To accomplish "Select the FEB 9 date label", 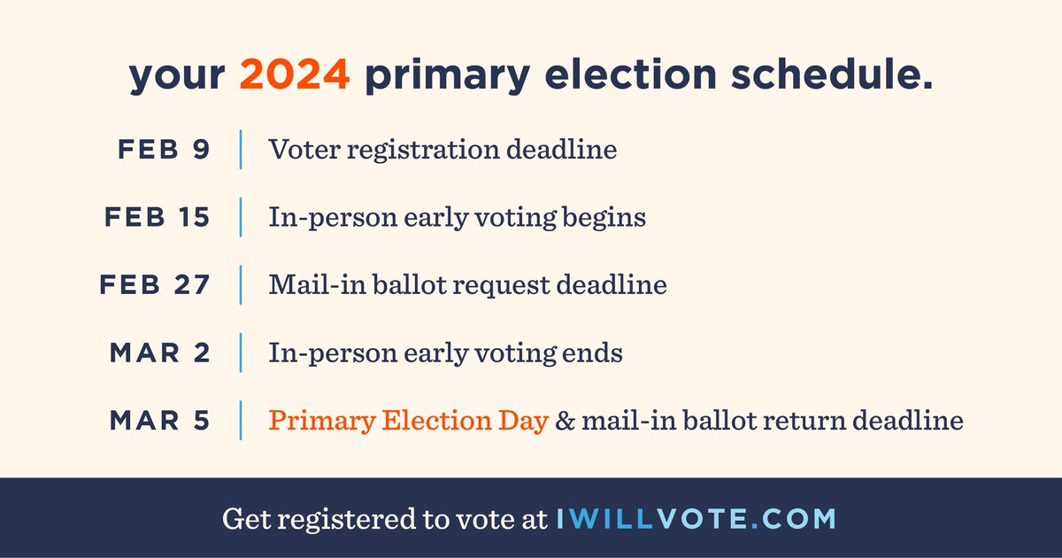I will click(x=164, y=149).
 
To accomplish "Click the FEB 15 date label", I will click(x=158, y=217).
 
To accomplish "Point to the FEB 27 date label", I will click(x=156, y=285).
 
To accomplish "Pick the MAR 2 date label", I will click(x=160, y=353).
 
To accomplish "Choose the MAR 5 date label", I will click(x=160, y=421).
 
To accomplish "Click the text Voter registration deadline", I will click(x=442, y=149).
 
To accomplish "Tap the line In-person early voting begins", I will click(x=457, y=217).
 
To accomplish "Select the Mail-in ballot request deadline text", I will click(x=467, y=285).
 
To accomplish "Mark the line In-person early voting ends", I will click(x=445, y=353).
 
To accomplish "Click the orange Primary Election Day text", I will click(x=408, y=421).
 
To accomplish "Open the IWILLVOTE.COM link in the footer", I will click(x=696, y=519).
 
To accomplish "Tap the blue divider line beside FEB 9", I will click(x=241, y=149).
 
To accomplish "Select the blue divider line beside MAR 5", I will click(x=241, y=421).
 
